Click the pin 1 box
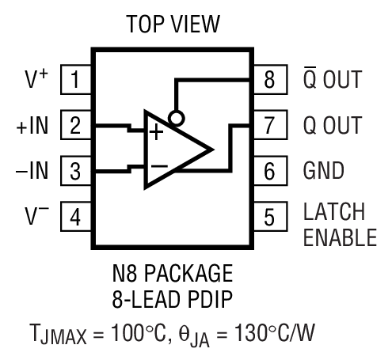(x=74, y=80)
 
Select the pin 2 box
(x=74, y=125)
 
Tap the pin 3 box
(x=74, y=170)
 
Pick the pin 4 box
(x=74, y=215)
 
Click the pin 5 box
(x=269, y=215)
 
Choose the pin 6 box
(x=269, y=170)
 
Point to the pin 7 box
(x=269, y=125)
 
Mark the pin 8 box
(x=269, y=80)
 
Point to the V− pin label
(x=35, y=214)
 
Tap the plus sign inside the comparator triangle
(x=157, y=132)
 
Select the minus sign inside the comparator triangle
(x=158, y=167)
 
